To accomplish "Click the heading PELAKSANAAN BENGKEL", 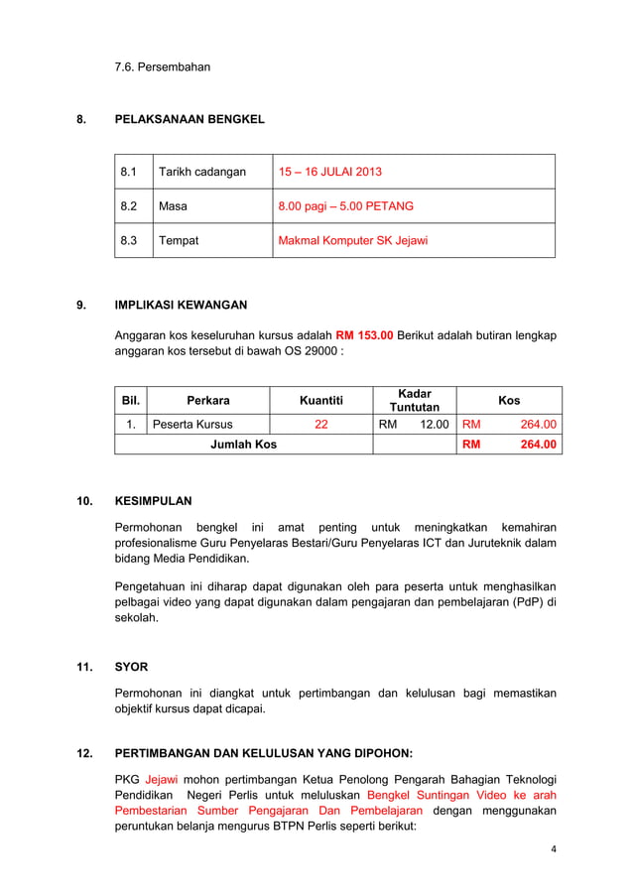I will point(190,119).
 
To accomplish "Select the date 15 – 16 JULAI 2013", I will point(329,172).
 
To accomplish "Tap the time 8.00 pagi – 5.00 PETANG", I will point(345,206).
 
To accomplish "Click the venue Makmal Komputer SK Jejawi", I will point(352,240).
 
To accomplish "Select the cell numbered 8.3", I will point(129,240).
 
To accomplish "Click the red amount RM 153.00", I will point(364,334).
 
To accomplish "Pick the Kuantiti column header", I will point(321,400).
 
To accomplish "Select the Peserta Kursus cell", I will point(192,424).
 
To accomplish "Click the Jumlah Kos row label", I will point(243,444).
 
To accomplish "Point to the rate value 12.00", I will point(433,424).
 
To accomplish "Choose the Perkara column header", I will point(207,400).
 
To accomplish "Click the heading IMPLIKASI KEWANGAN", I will point(181,305).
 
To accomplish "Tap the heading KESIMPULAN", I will point(153,501).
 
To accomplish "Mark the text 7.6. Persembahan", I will point(162,66).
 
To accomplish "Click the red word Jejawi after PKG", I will point(162,779).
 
